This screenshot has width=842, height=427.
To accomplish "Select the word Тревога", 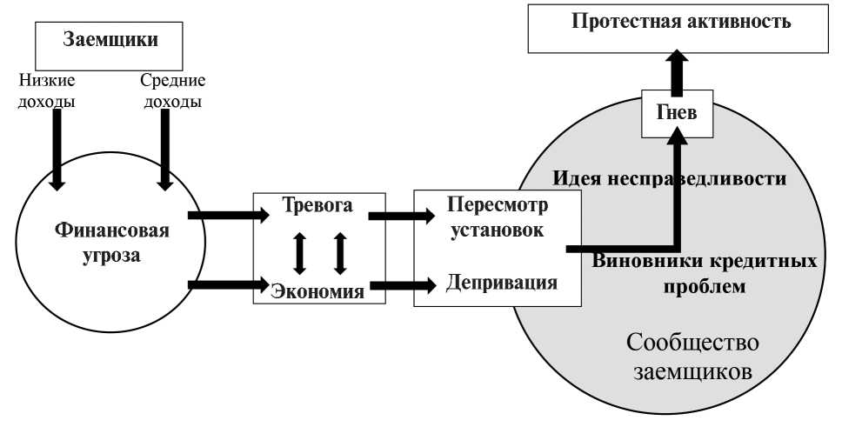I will [317, 206].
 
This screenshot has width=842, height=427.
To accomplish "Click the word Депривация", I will [501, 282].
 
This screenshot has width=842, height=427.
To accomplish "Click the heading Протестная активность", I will [681, 21].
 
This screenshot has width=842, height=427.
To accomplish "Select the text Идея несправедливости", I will [670, 180].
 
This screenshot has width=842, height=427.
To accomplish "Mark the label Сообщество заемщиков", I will [693, 357].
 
